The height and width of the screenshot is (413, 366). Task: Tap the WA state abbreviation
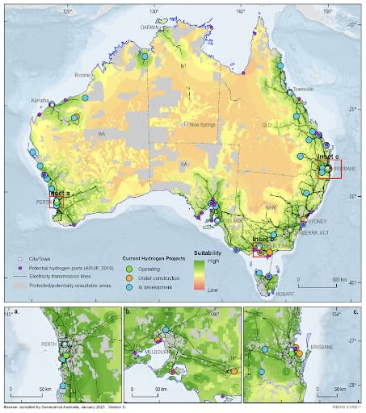pyautogui.click(x=102, y=133)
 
